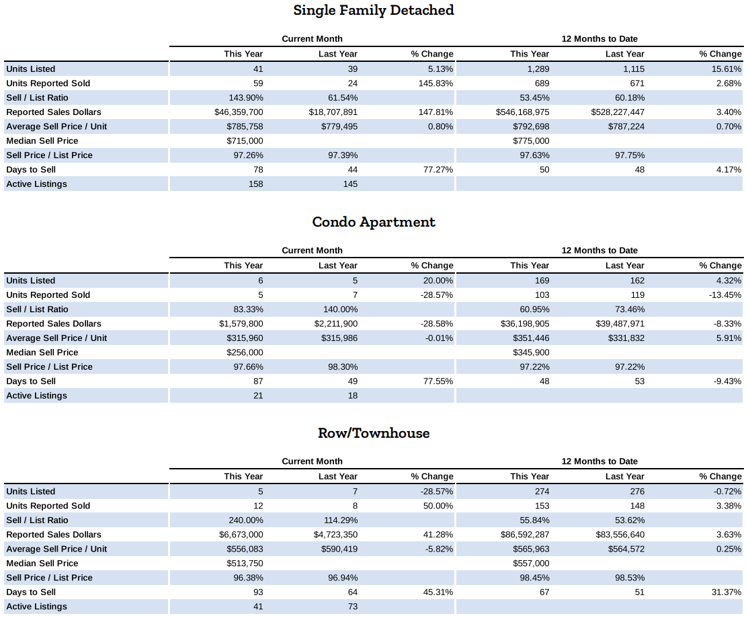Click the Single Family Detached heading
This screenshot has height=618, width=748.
pyautogui.click(x=374, y=10)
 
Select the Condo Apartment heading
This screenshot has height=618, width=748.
pyautogui.click(x=374, y=222)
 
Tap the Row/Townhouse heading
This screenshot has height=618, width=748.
pyautogui.click(x=374, y=433)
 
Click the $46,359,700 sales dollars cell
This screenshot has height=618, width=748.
pyautogui.click(x=239, y=112)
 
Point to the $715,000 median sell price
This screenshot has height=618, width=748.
pyautogui.click(x=245, y=141)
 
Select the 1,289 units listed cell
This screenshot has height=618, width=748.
pyautogui.click(x=538, y=69)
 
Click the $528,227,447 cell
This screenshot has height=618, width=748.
pyautogui.click(x=618, y=112)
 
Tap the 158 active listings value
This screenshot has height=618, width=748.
pyautogui.click(x=255, y=184)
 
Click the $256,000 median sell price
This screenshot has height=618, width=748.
pyautogui.click(x=245, y=352)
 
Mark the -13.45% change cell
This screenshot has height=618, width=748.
pyautogui.click(x=725, y=295)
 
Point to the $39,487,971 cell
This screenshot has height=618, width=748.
pyautogui.click(x=620, y=323)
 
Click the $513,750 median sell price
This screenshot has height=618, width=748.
pyautogui.click(x=245, y=564)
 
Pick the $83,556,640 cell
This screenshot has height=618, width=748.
pyautogui.click(x=620, y=535)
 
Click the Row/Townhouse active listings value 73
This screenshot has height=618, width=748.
pyautogui.click(x=353, y=607)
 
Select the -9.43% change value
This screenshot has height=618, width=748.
pyautogui.click(x=727, y=381)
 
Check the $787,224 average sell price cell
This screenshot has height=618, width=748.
pyautogui.click(x=626, y=126)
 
